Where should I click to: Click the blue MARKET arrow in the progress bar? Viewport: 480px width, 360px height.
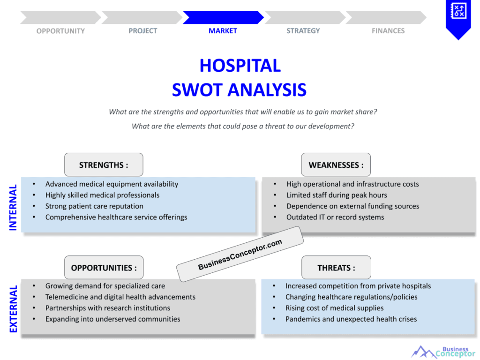coord(223,17)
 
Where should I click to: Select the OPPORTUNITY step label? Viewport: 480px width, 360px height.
coord(60,31)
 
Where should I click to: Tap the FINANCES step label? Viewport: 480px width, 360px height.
coord(388,31)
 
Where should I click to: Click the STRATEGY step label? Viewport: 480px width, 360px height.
coord(303,31)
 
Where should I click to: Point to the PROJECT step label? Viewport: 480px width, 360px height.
coord(143,31)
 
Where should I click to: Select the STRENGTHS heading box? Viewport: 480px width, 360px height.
coord(104,165)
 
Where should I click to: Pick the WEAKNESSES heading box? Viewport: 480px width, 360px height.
coord(336,165)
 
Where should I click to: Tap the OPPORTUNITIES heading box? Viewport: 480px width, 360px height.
coord(104,268)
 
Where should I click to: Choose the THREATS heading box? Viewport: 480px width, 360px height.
coord(336,268)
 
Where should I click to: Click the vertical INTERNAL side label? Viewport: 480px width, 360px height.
coord(13,207)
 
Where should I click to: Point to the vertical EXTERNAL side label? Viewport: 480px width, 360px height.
coord(13,309)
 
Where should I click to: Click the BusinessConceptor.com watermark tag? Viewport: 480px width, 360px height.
coord(240,255)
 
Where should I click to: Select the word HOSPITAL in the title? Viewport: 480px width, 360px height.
coord(240,65)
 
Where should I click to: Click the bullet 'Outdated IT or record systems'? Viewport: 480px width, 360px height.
coord(335,217)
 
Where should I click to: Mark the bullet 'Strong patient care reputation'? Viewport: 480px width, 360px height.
coord(94,206)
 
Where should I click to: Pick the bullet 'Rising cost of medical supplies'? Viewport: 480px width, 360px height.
coord(334,308)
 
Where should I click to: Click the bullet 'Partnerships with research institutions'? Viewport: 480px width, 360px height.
coord(108,308)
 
